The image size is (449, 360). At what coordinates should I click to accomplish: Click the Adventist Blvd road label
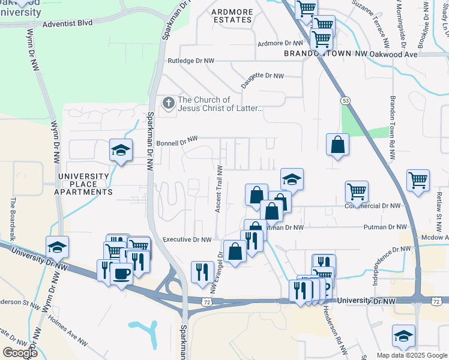tap(68, 25)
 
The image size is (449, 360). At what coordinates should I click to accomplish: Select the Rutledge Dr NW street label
tap(191, 61)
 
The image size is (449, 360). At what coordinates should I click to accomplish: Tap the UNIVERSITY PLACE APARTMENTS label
tap(85, 184)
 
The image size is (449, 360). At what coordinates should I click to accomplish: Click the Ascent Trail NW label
tap(219, 188)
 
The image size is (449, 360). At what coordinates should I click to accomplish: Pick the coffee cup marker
tap(122, 274)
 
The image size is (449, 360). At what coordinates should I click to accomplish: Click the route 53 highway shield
tap(345, 101)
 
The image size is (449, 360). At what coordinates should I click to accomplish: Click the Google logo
tap(20, 352)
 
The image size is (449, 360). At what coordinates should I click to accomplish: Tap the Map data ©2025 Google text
tap(412, 355)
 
